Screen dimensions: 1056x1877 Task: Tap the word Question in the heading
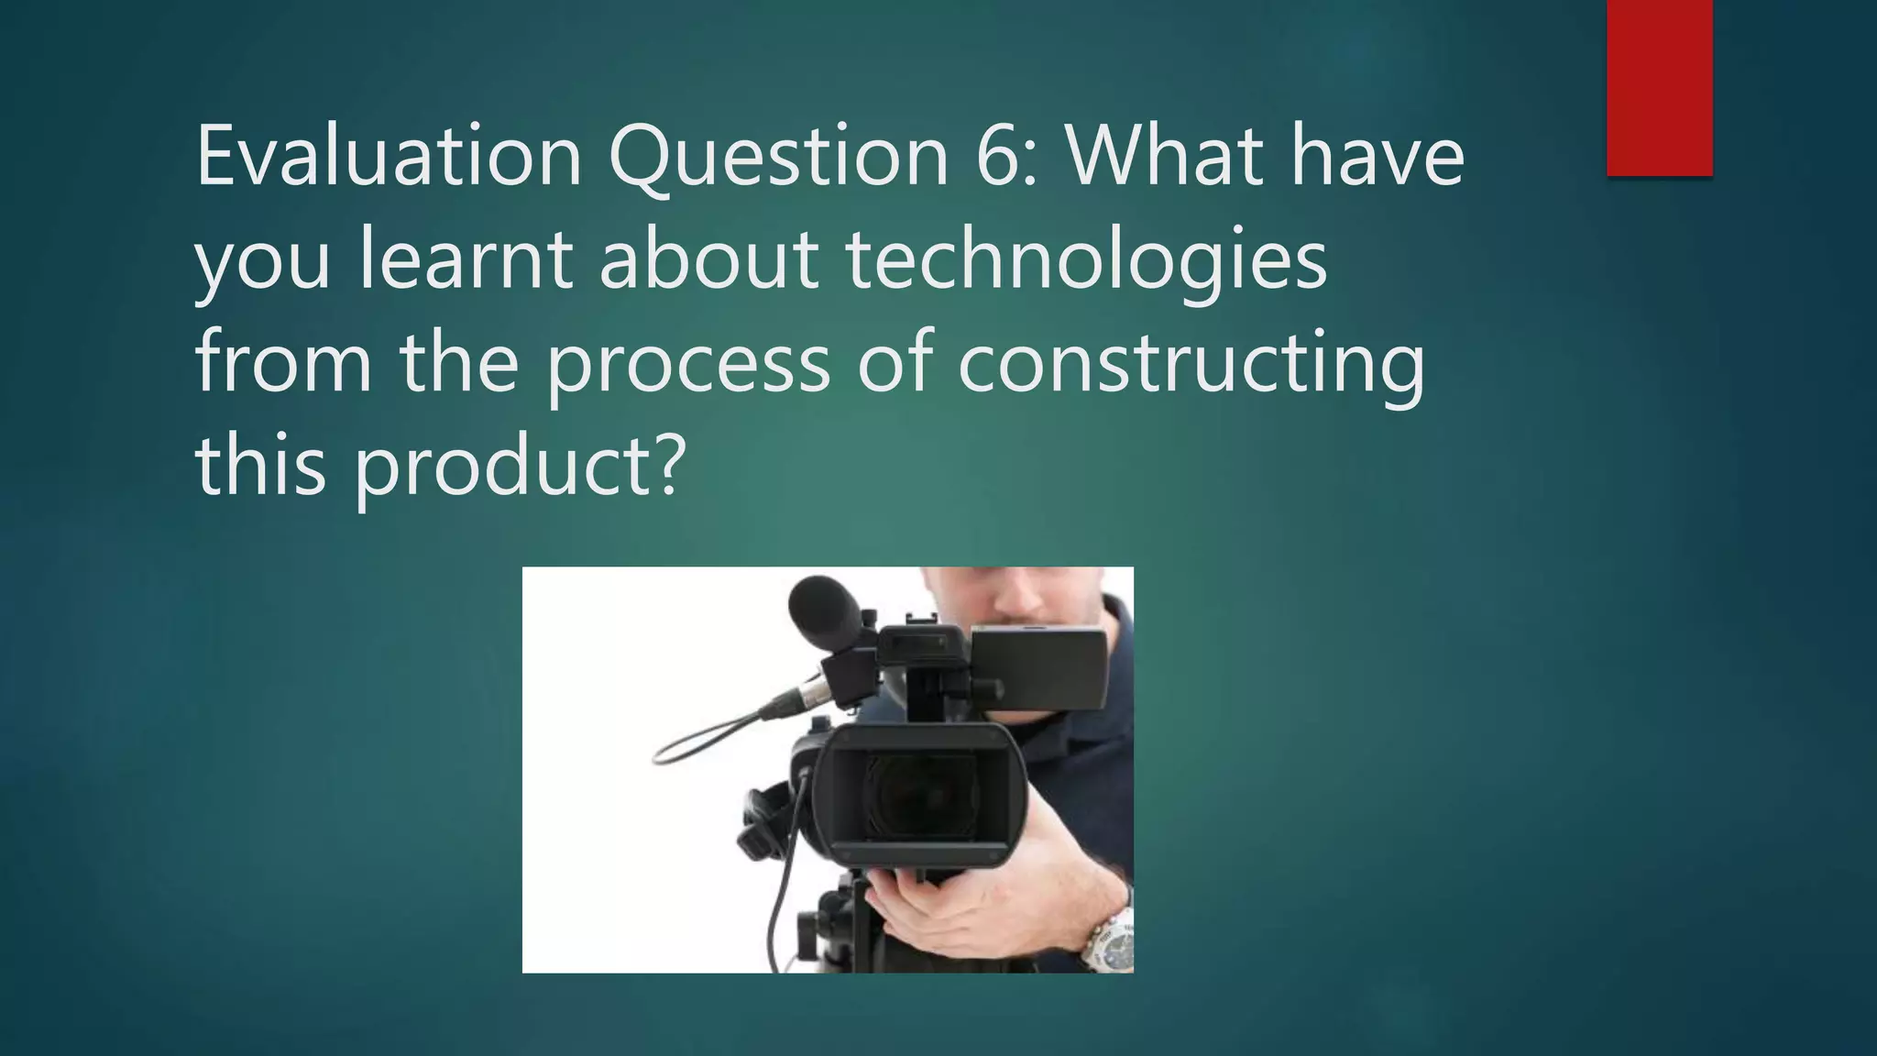[778, 157]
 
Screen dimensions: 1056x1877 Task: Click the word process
[688, 364]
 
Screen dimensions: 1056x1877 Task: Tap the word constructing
[1191, 364]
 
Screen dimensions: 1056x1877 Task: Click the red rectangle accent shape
[1659, 88]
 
